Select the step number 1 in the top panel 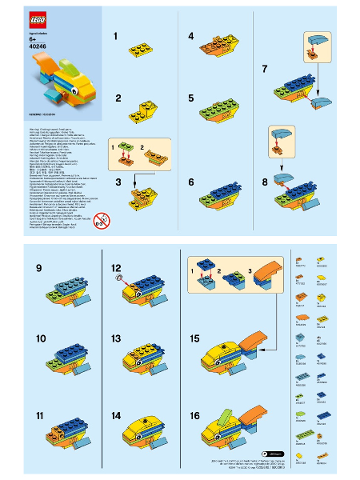point(116,36)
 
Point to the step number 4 point(191,36)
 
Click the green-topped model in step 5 point(216,108)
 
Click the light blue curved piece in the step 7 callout point(318,38)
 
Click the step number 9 point(38,267)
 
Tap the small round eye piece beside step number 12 point(118,277)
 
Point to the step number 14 point(116,416)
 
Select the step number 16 point(194,416)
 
